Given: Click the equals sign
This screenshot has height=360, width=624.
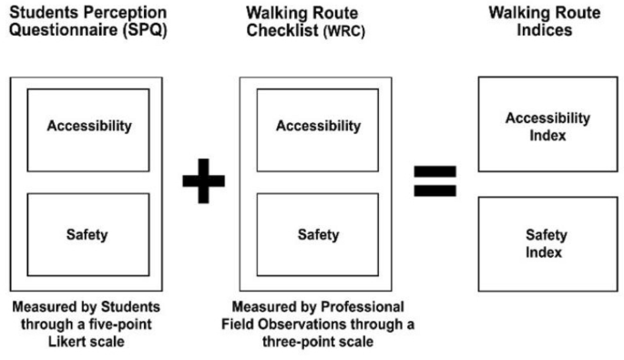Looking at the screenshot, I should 435,180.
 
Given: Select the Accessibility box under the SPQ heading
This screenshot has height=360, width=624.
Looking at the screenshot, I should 89,127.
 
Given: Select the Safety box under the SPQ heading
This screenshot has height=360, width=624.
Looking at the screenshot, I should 89,234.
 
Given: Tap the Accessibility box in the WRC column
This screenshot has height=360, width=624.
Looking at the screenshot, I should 318,127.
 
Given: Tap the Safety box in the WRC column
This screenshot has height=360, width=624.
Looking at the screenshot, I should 318,234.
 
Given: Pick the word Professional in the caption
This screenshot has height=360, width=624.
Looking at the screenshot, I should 363,306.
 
